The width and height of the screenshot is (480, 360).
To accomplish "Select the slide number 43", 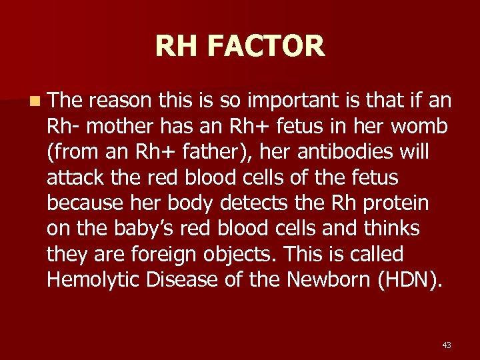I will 446,345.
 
